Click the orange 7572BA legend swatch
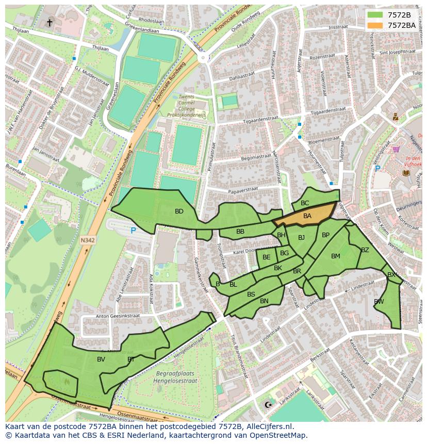pos(375,25)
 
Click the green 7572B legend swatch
pos(375,15)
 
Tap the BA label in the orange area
pos(307,216)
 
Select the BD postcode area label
pos(179,211)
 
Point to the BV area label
pos(101,359)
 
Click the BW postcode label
pos(379,302)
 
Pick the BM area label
pos(336,256)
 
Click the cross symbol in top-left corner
pos(50,22)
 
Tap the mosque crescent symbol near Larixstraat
pos(267,405)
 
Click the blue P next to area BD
pos(133,231)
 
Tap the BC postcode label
pos(305,203)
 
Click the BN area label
pos(264,301)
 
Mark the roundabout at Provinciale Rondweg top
pos(203,58)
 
